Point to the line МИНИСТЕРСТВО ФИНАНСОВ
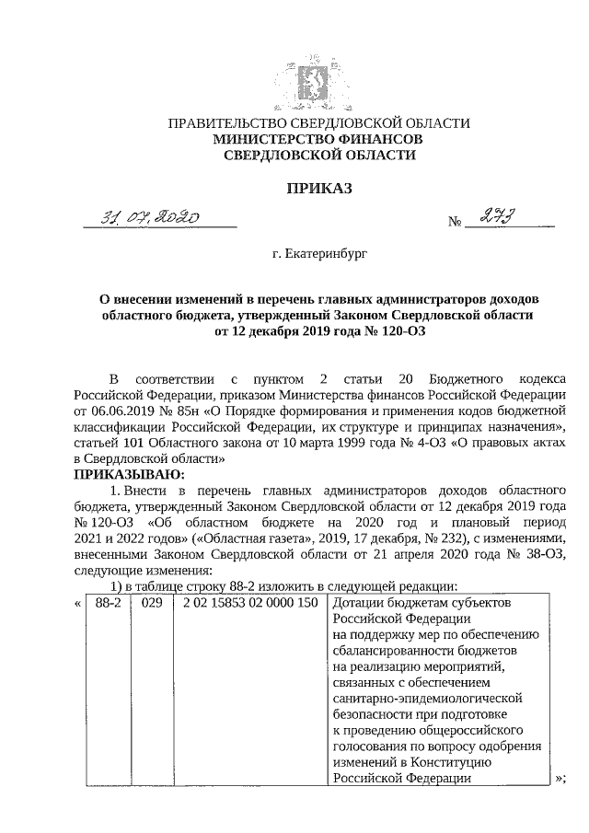point(318,139)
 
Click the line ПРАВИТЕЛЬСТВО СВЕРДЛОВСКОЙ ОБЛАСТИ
point(318,122)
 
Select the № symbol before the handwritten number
point(454,222)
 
